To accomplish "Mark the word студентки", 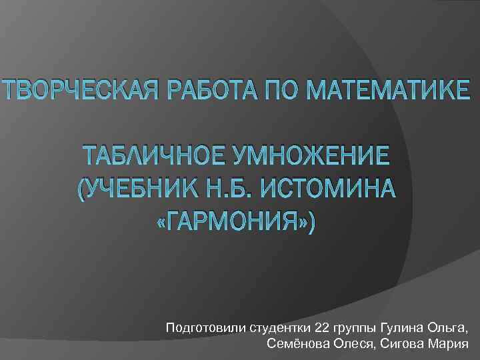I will [279, 328].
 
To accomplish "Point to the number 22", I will [322, 328].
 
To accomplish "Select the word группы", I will [355, 329].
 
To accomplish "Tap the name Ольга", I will [449, 328].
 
